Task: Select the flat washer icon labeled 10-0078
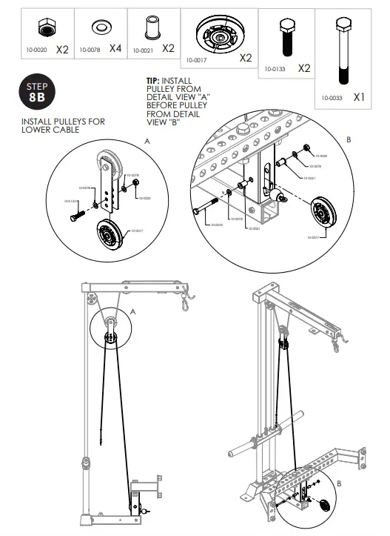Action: coord(98,28)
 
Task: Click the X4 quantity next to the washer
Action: coord(115,49)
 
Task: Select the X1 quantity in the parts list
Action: coord(358,96)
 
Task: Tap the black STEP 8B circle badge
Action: coord(36,91)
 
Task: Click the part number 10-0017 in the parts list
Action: coord(197,58)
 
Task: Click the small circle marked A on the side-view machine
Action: coord(109,328)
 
